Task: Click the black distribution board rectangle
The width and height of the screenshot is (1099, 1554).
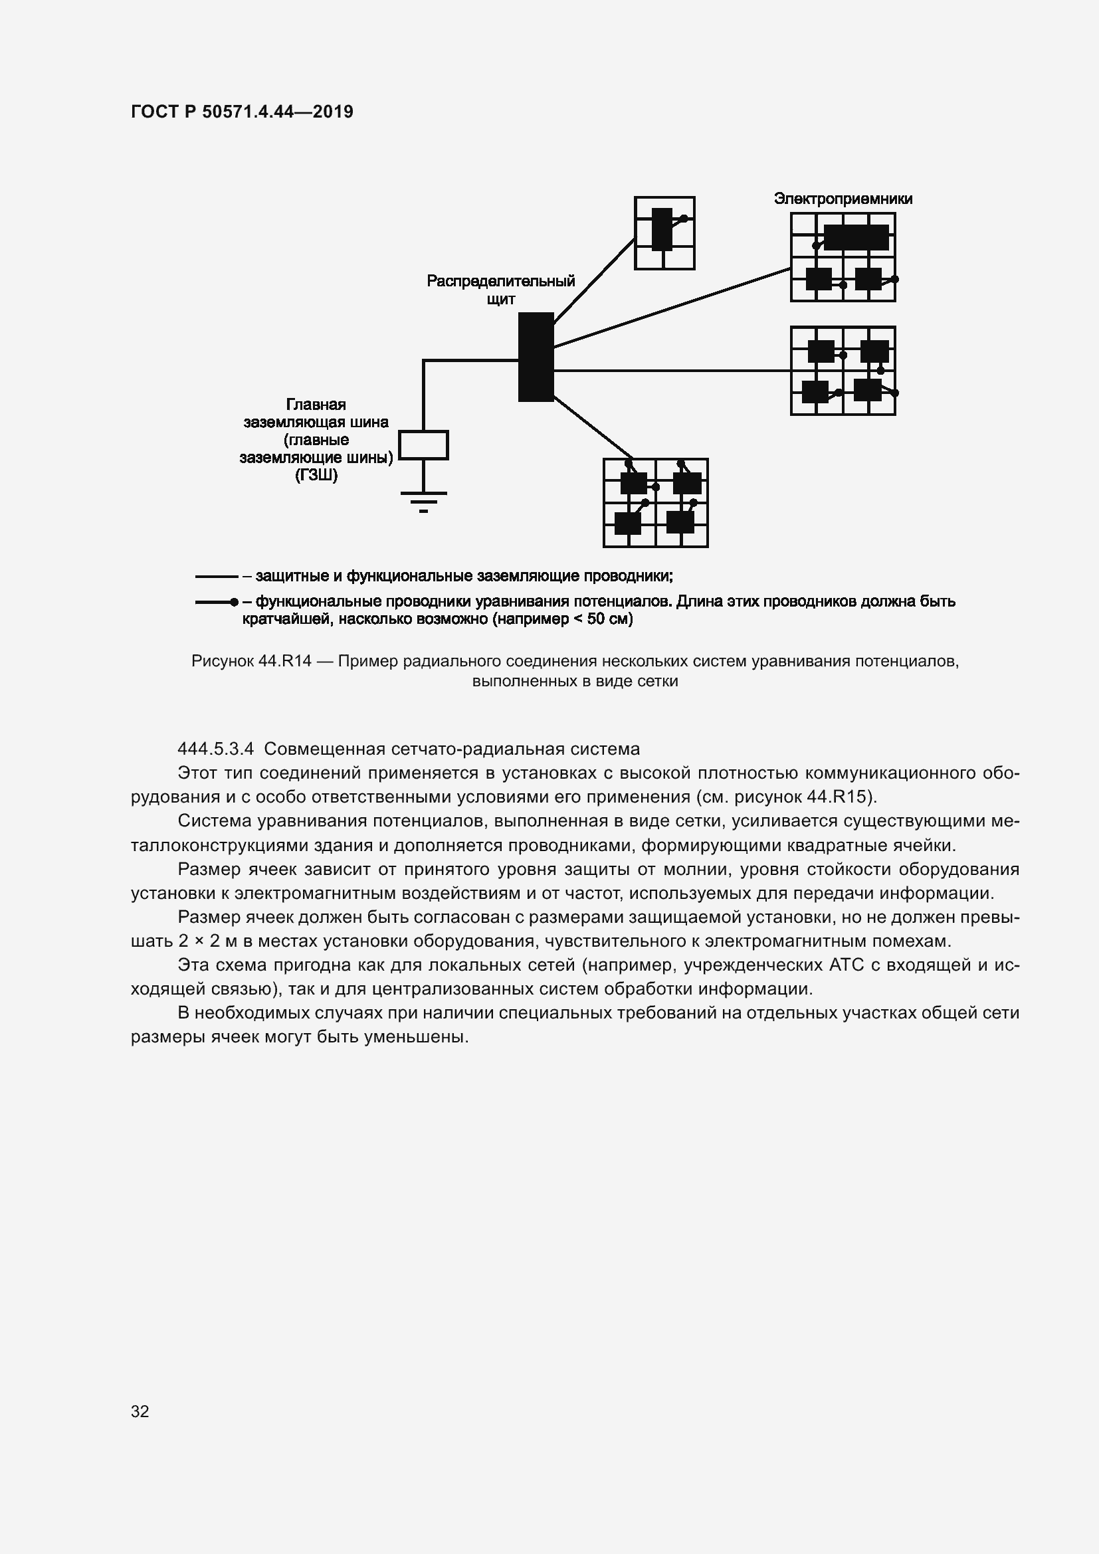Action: [536, 357]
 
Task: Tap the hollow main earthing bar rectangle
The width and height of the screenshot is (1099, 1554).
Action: [423, 445]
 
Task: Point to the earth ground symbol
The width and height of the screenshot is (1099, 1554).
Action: [424, 500]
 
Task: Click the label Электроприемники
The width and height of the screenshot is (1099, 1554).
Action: [843, 199]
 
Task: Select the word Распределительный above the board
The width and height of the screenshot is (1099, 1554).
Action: [500, 281]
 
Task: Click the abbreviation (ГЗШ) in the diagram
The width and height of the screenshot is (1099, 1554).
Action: [316, 475]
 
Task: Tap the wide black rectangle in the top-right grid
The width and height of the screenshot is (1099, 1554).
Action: [856, 238]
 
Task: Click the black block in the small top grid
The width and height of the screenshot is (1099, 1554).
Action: [662, 229]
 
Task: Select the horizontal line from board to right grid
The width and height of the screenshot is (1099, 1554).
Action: [670, 371]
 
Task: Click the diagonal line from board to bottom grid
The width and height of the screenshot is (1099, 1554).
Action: [593, 429]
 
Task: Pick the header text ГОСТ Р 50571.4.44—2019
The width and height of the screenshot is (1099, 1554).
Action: [242, 112]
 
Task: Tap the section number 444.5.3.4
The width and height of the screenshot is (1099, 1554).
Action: [215, 749]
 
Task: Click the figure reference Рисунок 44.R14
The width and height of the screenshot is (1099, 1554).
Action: [251, 661]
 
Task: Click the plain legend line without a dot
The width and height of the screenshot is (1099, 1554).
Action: [217, 577]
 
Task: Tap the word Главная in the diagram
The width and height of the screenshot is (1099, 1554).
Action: [316, 405]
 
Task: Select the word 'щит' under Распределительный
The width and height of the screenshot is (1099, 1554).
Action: [501, 299]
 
